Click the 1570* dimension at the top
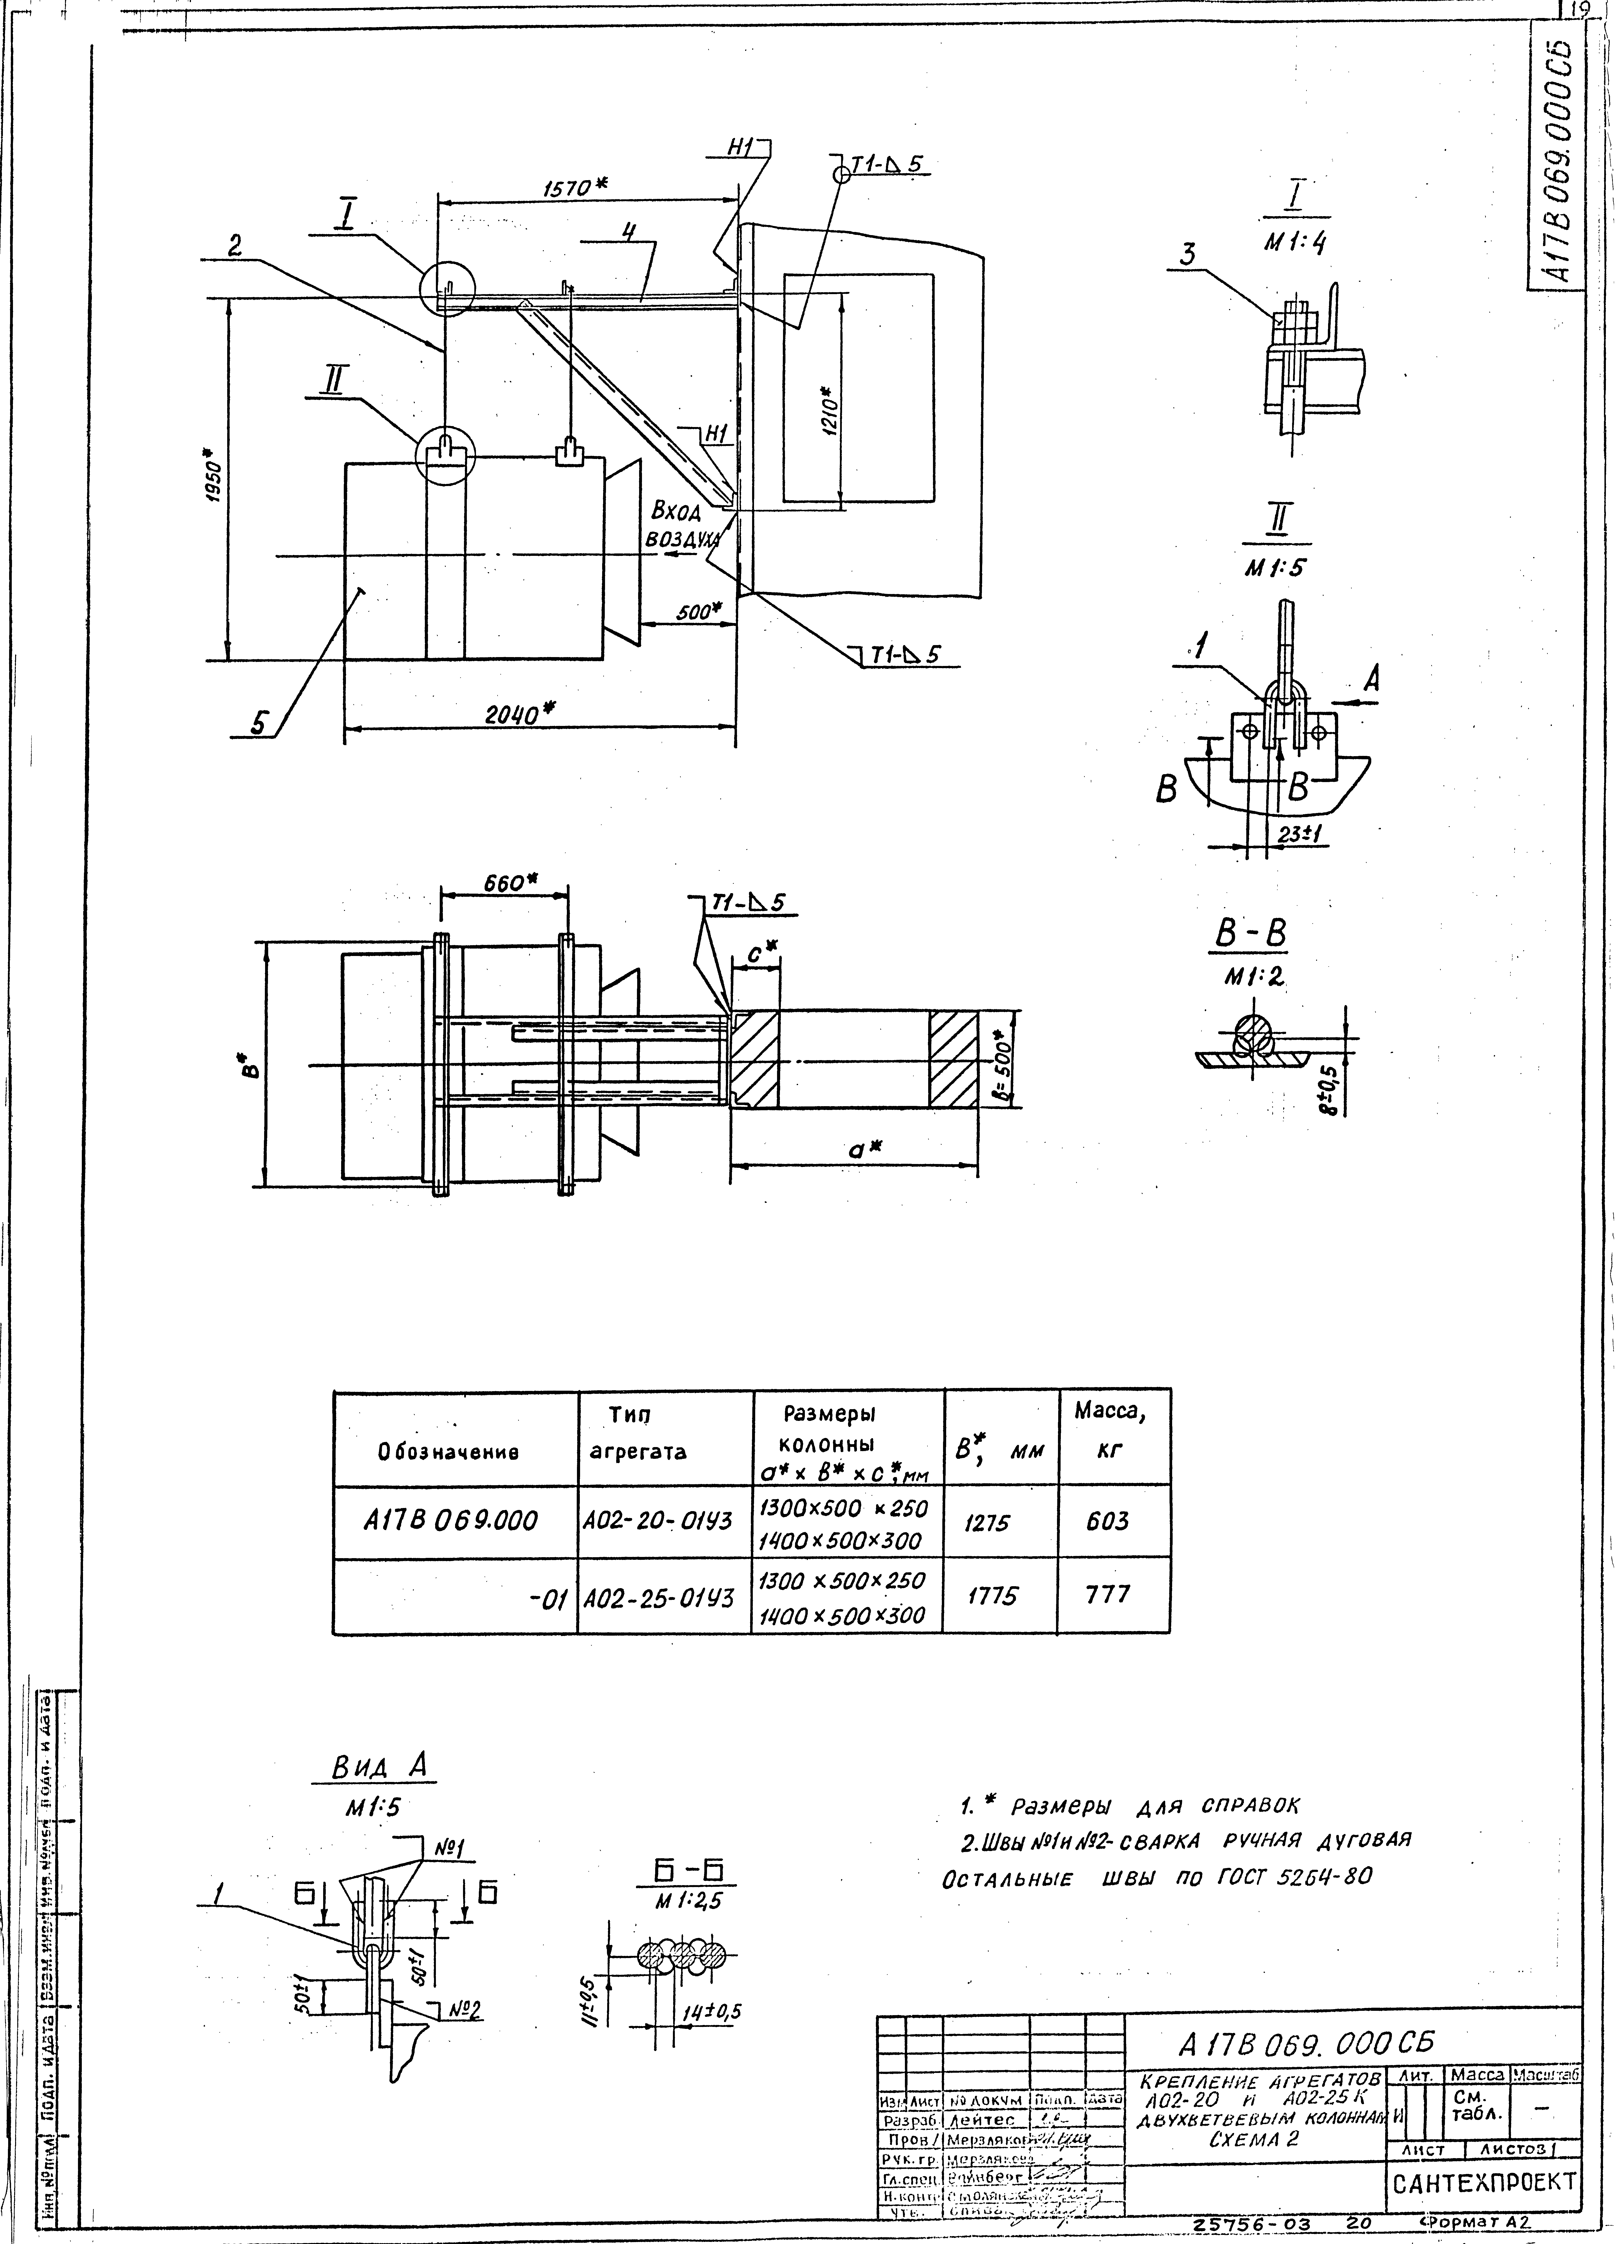[x=574, y=187]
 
